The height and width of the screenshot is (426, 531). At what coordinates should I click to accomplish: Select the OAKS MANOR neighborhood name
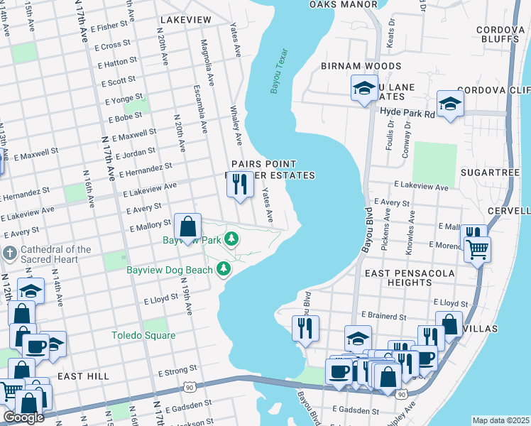344,4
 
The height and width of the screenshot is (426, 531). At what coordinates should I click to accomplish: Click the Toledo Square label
143,335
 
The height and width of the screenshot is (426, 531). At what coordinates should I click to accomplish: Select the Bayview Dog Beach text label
170,270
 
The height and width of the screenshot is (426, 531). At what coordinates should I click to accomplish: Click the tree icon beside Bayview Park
231,239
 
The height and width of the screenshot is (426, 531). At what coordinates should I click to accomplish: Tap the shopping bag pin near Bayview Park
187,228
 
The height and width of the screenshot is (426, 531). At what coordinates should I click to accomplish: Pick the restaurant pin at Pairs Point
239,185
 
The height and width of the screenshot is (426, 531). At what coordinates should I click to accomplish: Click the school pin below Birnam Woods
364,89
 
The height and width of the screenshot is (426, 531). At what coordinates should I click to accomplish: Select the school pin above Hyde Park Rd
450,104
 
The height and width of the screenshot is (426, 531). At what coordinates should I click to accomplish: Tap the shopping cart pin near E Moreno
478,249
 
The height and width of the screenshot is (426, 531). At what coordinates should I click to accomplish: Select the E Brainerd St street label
382,315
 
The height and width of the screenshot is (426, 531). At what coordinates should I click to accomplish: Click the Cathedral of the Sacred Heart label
56,253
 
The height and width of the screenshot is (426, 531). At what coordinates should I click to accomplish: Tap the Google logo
23,417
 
